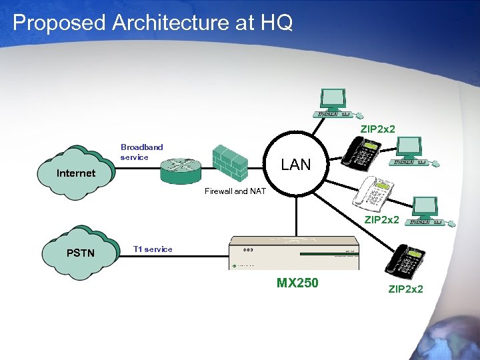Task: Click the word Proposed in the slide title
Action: (59, 23)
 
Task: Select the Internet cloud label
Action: (76, 173)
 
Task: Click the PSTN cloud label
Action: (81, 253)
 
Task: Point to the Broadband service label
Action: (141, 152)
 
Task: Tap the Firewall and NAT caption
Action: (235, 191)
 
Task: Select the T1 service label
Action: (153, 249)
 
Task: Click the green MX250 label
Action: (297, 283)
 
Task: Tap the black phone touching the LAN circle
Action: (361, 151)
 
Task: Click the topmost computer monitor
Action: (333, 100)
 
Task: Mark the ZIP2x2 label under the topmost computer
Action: (378, 128)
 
